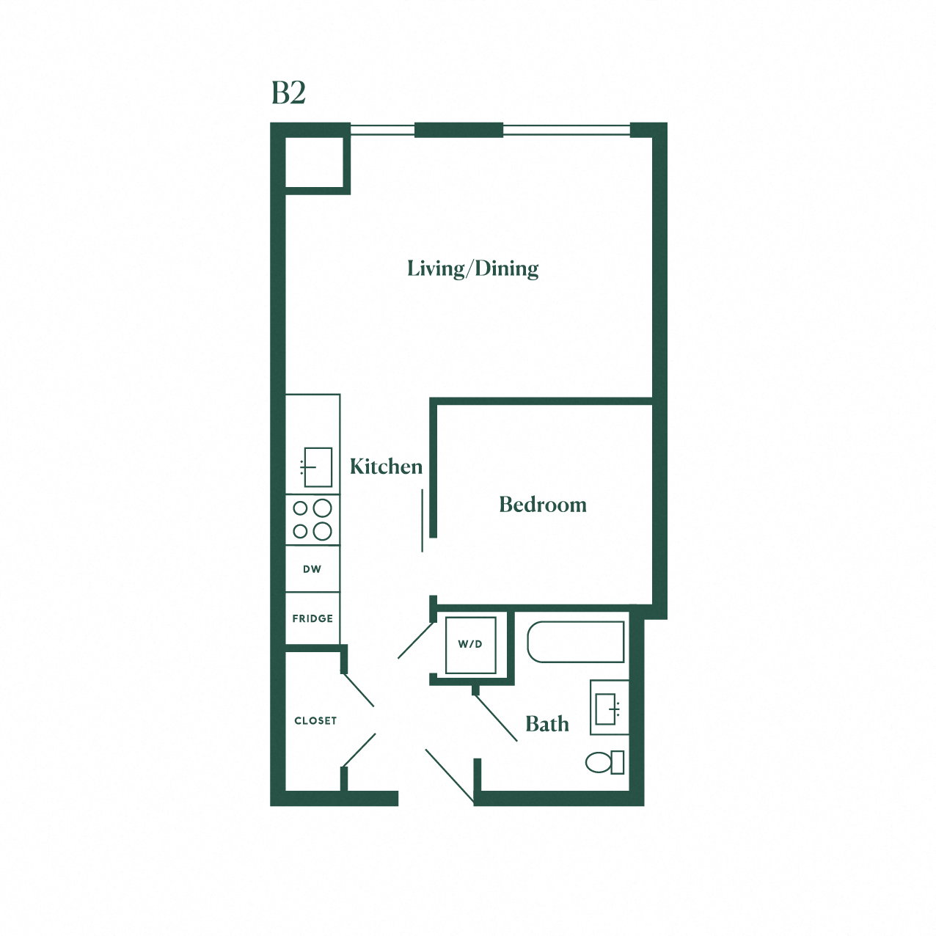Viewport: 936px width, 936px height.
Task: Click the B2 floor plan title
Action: coord(288,93)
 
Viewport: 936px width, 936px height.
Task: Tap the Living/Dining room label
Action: coord(472,268)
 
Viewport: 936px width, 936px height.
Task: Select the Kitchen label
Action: coord(386,467)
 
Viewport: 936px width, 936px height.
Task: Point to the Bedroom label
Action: coord(543,505)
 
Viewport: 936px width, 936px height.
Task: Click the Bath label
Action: coord(547,724)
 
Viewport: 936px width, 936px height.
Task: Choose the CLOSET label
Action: coord(315,721)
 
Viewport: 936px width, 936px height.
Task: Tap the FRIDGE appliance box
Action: coord(312,618)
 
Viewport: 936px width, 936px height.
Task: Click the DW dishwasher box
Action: coord(312,569)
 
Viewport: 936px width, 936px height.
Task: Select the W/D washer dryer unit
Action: coord(470,645)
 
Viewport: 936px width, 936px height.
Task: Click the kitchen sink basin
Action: coord(318,467)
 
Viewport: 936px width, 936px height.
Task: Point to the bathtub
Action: coord(576,642)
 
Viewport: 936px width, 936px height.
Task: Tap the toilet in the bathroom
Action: coord(603,762)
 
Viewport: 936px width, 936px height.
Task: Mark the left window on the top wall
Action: coord(382,131)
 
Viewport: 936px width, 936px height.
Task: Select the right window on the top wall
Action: coord(566,131)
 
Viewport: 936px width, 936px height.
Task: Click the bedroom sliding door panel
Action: coord(423,521)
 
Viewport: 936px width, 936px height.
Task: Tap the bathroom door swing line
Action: coord(496,717)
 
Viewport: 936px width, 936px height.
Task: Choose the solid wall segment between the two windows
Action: coord(459,131)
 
